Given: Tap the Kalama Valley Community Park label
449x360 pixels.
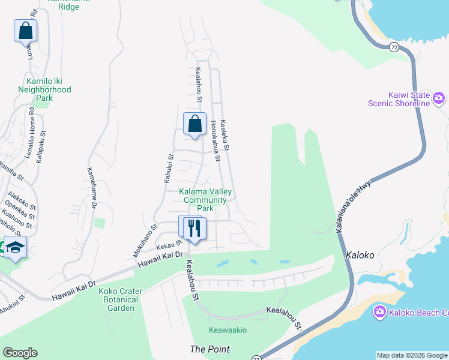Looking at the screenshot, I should tap(205, 200).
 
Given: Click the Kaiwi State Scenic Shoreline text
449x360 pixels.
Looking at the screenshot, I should tap(399, 99).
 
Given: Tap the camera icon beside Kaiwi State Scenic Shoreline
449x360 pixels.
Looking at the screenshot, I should tap(439, 97).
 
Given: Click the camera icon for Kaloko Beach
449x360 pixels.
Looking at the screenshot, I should tap(379, 311).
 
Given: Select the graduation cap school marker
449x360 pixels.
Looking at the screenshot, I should tap(14, 247).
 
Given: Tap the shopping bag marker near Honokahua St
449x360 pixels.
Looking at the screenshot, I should tap(194, 124).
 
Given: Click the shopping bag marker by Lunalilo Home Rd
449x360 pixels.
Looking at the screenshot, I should tap(25, 31).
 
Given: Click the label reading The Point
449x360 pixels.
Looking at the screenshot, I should tap(209, 349).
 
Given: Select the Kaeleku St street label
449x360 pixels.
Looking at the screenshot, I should tap(226, 134).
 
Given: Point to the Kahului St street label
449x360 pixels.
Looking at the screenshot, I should tap(169, 169).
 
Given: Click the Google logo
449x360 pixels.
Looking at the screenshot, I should tap(20, 353).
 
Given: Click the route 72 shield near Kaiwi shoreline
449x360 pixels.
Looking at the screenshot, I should tap(394, 47).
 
